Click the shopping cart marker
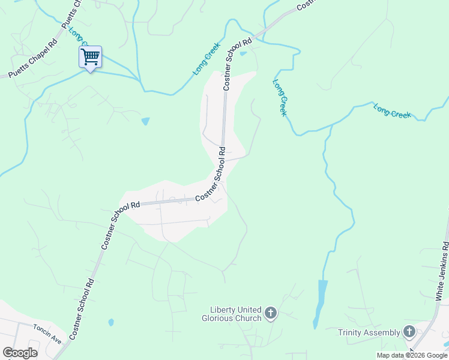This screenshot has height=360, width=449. [90, 58]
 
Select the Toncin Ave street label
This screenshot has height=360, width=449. [47, 337]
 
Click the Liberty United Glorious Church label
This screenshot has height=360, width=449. [232, 313]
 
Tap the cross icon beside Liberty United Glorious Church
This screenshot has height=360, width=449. [271, 313]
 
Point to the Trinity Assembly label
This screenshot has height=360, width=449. [369, 332]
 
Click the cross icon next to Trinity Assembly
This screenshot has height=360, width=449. [409, 331]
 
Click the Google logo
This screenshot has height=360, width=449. [20, 353]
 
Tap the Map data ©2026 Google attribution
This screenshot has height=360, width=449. [412, 355]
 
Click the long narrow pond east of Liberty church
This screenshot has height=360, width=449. [320, 303]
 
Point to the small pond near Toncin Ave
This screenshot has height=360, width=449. [111, 322]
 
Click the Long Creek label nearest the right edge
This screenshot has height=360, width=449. [392, 110]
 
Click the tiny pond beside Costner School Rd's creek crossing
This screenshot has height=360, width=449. [243, 53]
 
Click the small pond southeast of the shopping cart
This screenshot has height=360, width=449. [145, 122]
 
